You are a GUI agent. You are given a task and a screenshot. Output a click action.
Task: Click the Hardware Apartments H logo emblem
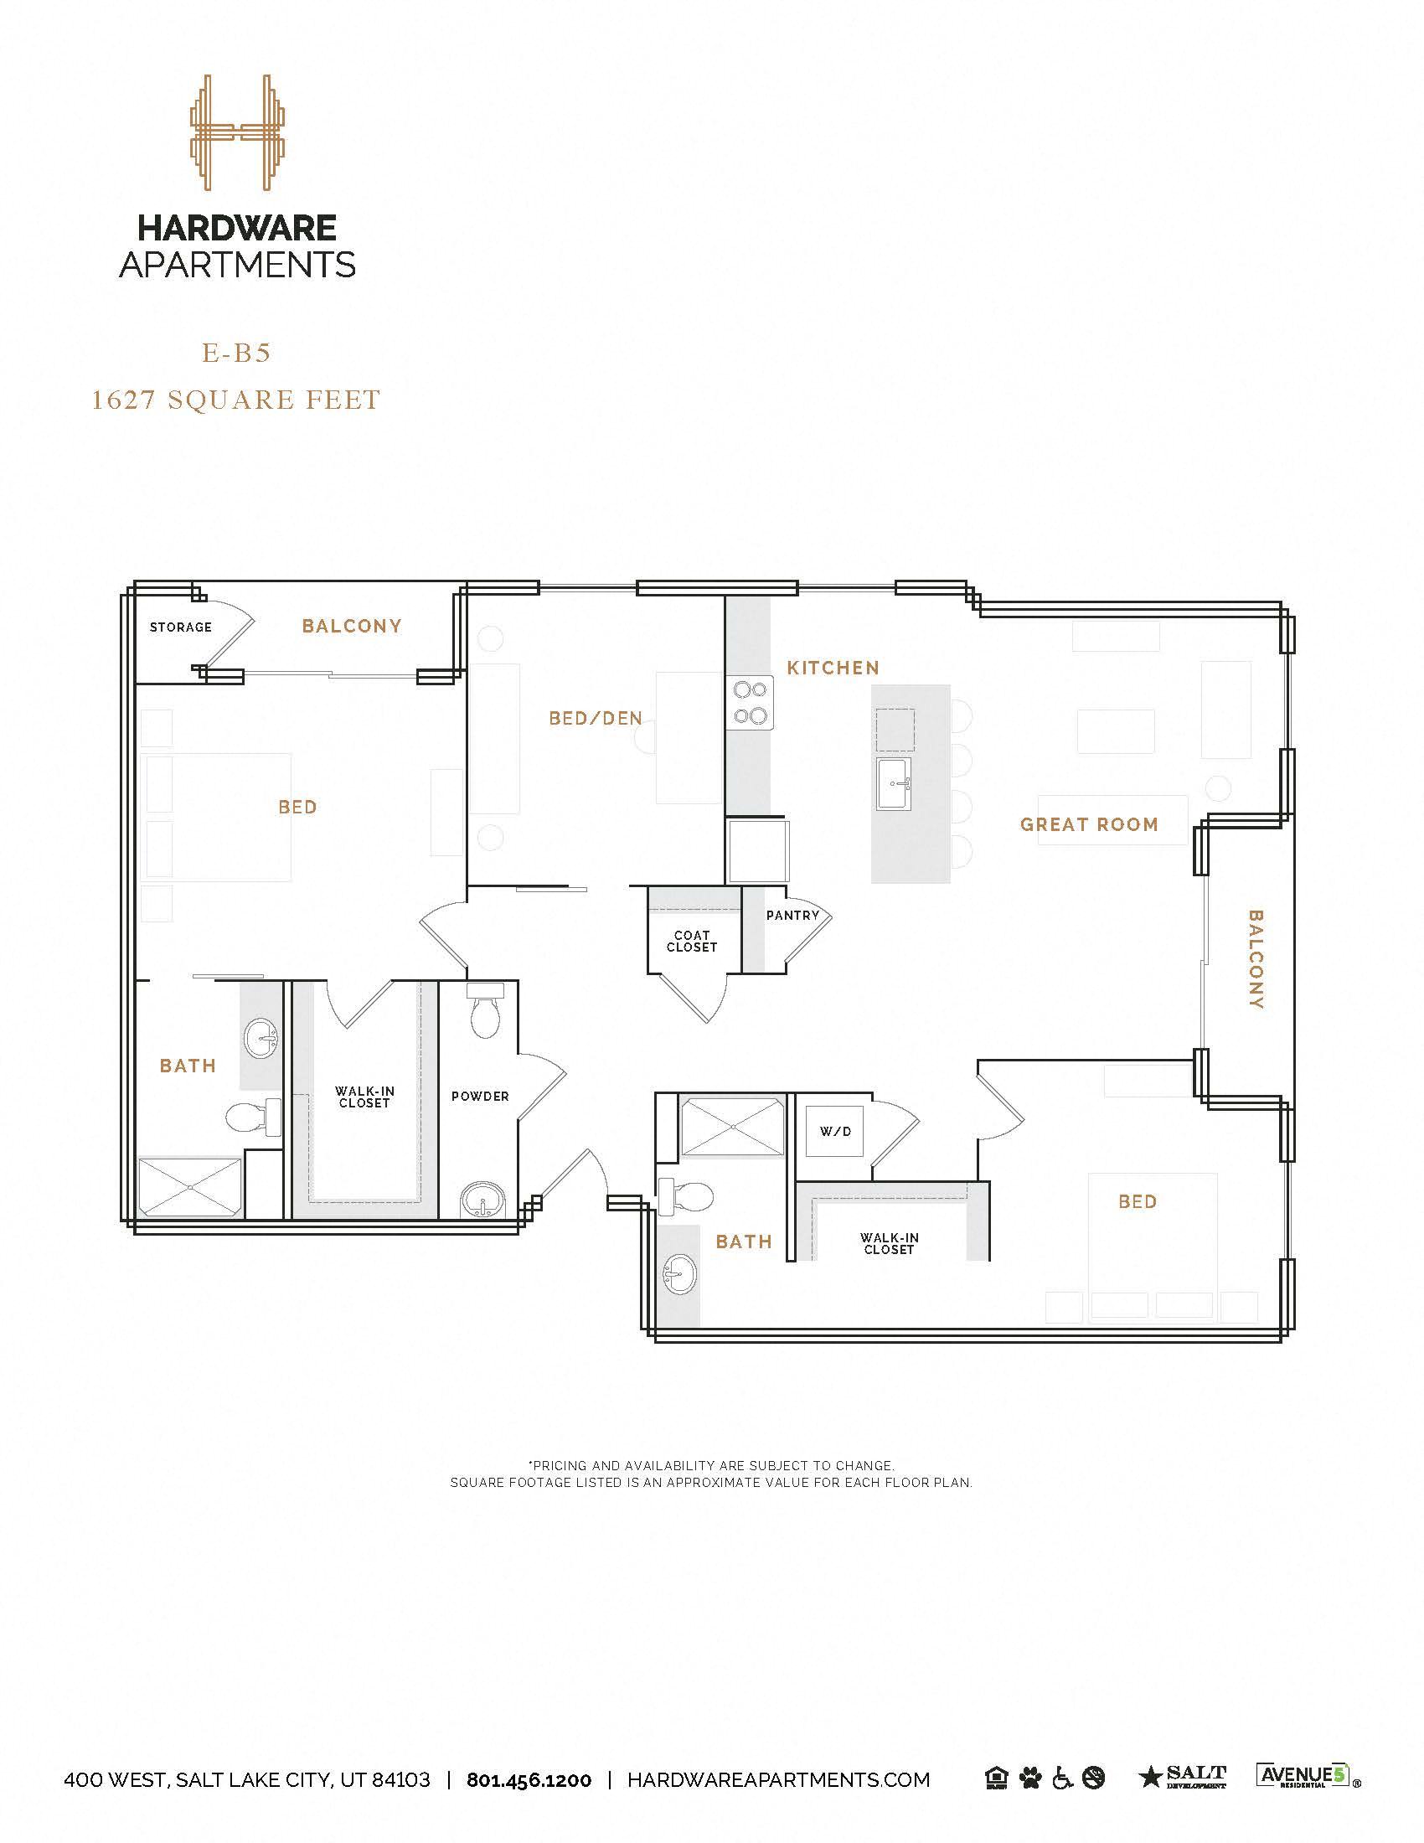point(234,132)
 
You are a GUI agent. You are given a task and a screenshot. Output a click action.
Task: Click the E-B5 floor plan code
point(236,353)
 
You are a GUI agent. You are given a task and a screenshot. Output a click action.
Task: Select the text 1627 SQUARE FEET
point(236,399)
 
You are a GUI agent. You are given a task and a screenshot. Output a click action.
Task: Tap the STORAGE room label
point(181,627)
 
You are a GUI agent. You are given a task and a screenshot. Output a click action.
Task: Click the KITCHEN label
point(833,668)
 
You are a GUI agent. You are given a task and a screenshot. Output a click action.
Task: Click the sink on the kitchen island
point(895,783)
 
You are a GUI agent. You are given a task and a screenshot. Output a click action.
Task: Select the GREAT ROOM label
point(1089,824)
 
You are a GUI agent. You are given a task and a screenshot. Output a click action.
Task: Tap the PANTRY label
point(792,915)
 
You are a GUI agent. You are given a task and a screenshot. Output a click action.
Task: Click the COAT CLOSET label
point(692,941)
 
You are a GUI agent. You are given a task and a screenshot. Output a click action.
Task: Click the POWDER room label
point(480,1097)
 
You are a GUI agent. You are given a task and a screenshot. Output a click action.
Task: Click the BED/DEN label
point(596,718)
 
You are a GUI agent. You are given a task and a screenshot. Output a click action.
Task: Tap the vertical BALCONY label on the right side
point(1256,958)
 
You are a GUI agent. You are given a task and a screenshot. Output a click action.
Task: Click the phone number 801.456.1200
point(529,1779)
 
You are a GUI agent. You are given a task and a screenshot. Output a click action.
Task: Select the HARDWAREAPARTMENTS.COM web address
point(779,1779)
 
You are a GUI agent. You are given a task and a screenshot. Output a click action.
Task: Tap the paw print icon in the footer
point(1030,1778)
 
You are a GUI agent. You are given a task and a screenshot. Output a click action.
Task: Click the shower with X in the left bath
point(191,1188)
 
